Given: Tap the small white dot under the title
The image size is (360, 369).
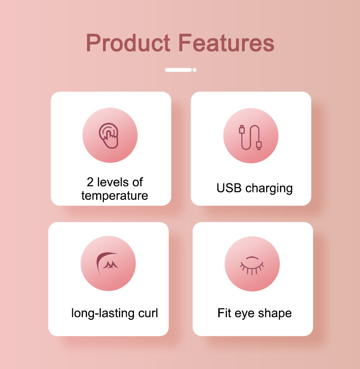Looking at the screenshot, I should [195, 70].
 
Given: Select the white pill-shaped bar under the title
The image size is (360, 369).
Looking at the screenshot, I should [178, 70].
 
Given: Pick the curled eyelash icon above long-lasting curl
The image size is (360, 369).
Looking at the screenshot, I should [108, 263].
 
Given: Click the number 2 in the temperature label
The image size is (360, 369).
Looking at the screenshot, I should [90, 182].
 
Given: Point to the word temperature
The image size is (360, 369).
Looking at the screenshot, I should [114, 196].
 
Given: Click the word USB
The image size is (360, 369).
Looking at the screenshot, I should [229, 188].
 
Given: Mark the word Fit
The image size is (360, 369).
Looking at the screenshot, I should [224, 313].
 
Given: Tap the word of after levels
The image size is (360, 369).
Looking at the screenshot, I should [137, 182].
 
